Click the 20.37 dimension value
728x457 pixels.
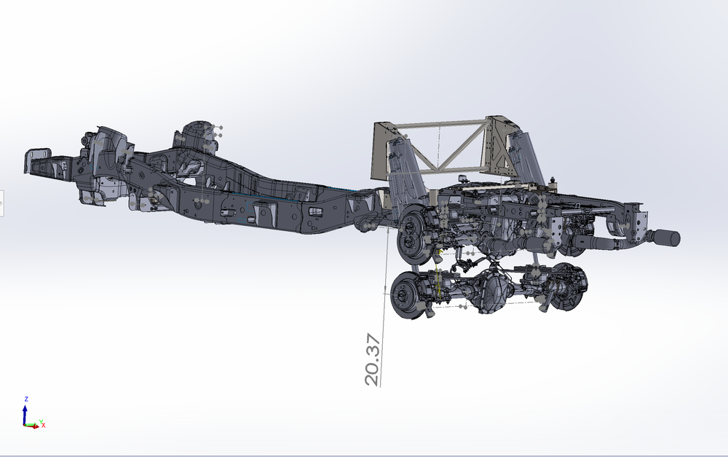pos(373,359)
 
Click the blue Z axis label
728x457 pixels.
pos(26,399)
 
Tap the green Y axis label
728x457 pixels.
pos(41,422)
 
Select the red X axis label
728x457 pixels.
pos(44,426)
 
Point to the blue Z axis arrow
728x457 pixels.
pos(25,414)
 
